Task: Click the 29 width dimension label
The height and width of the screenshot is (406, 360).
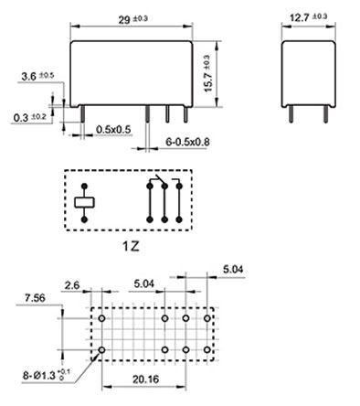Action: tap(133, 19)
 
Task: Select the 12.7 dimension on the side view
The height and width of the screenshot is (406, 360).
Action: tap(308, 17)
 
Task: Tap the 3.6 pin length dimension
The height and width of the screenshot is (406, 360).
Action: tap(37, 76)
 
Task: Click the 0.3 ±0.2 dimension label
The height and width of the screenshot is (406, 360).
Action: tap(30, 117)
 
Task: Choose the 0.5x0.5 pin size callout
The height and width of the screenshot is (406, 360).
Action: tap(113, 130)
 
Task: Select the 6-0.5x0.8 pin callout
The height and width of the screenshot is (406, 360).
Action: tap(187, 142)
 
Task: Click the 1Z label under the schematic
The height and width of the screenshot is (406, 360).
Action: tap(131, 246)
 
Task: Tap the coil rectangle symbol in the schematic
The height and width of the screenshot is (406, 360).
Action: tap(84, 203)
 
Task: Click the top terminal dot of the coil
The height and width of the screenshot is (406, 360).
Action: tap(84, 186)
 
